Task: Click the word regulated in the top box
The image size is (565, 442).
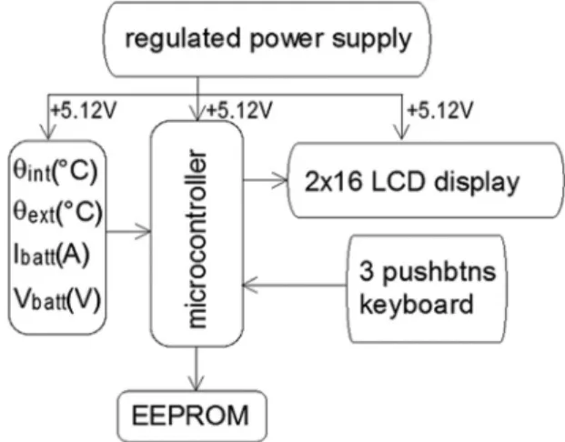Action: pos(182,39)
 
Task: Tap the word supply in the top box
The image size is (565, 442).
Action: pos(371,40)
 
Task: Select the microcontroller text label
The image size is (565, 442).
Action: pos(197,239)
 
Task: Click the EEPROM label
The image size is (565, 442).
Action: pos(190,416)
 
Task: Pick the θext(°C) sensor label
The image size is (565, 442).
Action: pos(57,212)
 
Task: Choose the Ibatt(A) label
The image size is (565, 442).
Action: pos(51,255)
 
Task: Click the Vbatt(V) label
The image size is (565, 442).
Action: pos(57,299)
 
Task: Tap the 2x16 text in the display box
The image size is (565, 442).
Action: pos(333,181)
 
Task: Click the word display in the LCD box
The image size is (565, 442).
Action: pos(477,183)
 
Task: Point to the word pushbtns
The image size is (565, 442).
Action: pos(439,273)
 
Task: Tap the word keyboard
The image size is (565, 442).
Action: pos(416,304)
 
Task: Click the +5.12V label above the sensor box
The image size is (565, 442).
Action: pos(84,110)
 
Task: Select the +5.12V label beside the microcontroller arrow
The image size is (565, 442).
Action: pos(239,110)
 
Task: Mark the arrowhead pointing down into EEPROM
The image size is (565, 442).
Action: pos(196,383)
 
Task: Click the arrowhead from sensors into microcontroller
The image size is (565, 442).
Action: pos(143,231)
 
